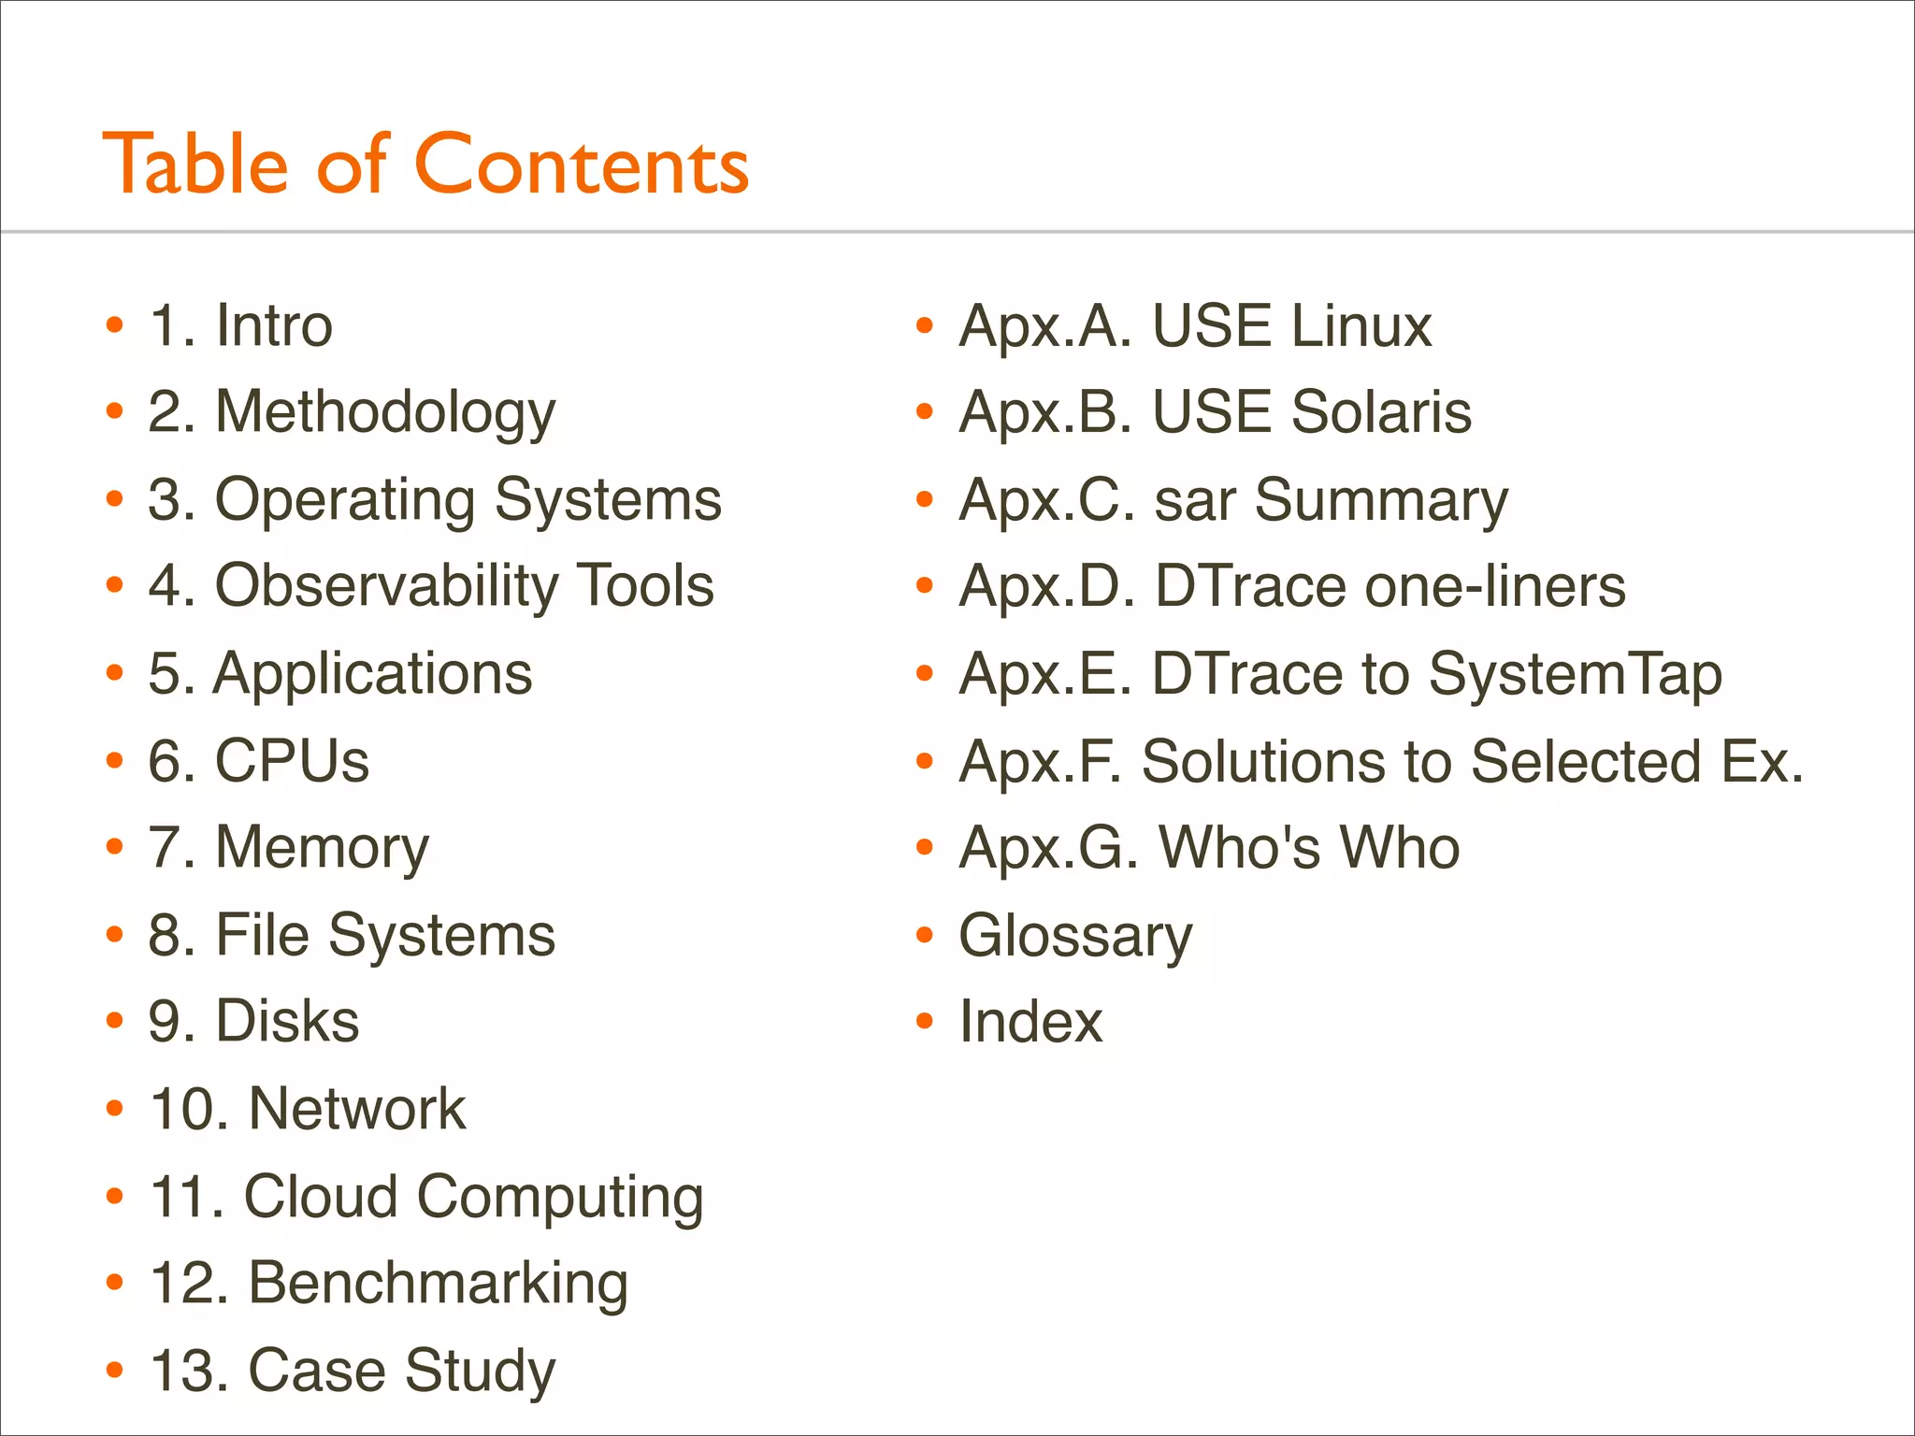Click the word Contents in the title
click(x=581, y=165)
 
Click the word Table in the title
click(x=195, y=165)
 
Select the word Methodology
click(x=385, y=412)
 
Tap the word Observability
click(x=387, y=586)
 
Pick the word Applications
click(x=373, y=673)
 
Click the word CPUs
click(x=293, y=760)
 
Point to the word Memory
click(x=323, y=847)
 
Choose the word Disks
click(x=288, y=1021)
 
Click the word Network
click(x=357, y=1109)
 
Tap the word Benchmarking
click(x=438, y=1283)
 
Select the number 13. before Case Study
click(x=189, y=1371)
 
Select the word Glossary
click(x=1076, y=936)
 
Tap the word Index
click(x=1030, y=1021)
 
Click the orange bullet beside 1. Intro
click(x=115, y=325)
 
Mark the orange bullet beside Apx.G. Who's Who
click(x=925, y=847)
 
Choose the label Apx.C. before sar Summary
click(x=1047, y=500)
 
